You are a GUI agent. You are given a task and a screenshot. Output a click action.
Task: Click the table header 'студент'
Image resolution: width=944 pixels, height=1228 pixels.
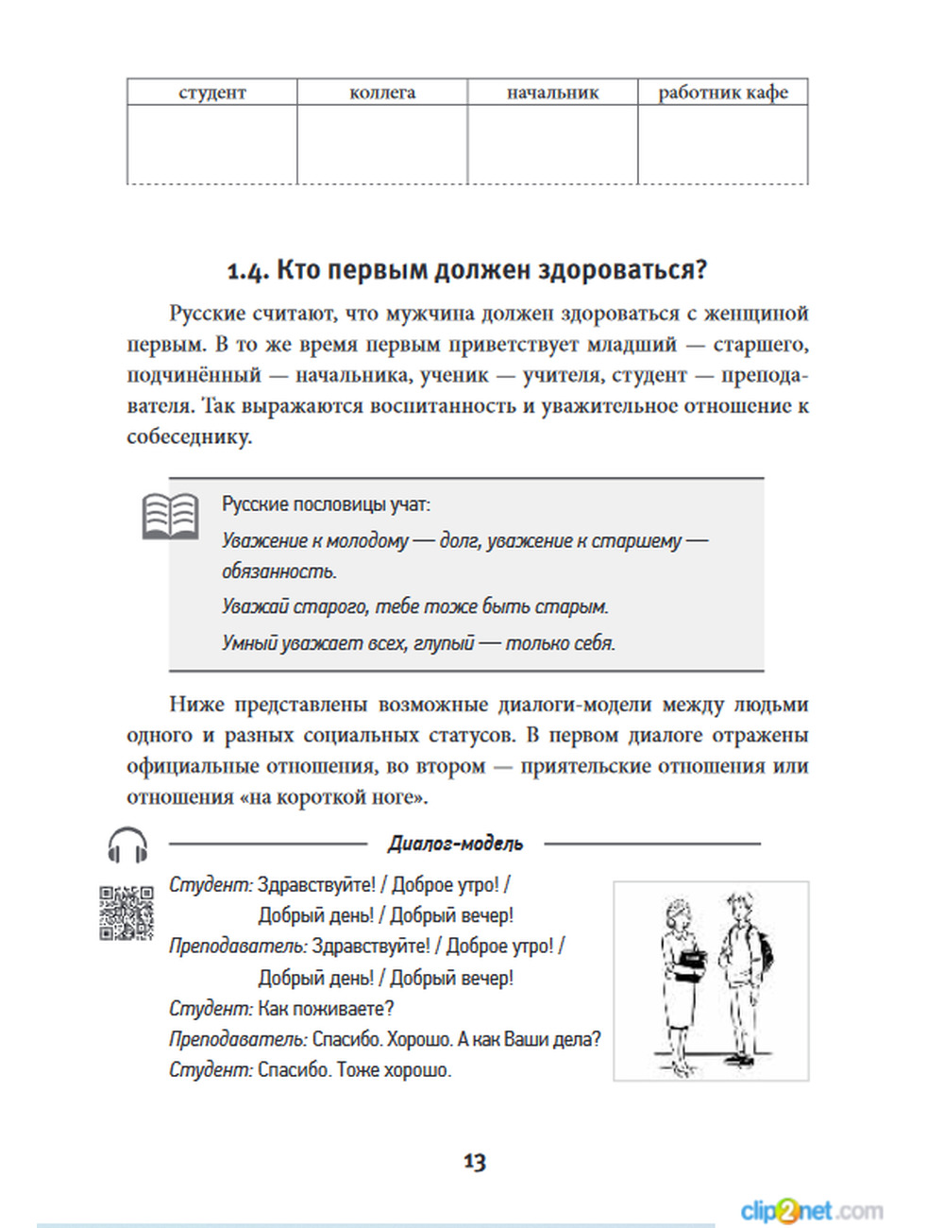(x=211, y=93)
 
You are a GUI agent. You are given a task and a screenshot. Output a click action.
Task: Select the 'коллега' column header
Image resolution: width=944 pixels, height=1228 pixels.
(x=382, y=93)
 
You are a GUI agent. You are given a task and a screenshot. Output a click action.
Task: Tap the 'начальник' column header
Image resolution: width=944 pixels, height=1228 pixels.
(x=553, y=93)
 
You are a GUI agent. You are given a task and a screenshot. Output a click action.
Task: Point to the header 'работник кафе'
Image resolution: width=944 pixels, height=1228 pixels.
(x=723, y=93)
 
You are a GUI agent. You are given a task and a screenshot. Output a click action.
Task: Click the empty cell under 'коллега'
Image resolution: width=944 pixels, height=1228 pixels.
(x=382, y=144)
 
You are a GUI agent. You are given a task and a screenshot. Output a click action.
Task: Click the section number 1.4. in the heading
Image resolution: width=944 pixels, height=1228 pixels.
(x=247, y=271)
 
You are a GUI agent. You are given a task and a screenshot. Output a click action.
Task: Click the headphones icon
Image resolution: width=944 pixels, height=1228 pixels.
(x=127, y=844)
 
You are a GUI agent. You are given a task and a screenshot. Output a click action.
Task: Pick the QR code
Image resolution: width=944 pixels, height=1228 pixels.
(x=126, y=912)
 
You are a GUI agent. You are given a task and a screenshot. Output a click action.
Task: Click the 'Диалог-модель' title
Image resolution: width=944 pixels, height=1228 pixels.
(x=455, y=844)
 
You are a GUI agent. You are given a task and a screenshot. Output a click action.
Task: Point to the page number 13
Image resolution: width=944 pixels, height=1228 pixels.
(x=474, y=1162)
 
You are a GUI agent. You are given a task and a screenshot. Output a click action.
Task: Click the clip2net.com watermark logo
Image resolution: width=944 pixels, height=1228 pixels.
(x=812, y=1210)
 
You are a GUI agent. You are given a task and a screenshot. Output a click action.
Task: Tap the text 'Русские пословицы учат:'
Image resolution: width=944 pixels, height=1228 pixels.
(x=326, y=504)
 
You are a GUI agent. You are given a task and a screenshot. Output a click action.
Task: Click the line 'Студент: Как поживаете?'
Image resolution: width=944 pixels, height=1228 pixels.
(x=281, y=1009)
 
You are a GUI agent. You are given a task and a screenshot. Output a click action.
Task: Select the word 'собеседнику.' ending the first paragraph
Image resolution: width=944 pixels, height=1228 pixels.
(x=189, y=437)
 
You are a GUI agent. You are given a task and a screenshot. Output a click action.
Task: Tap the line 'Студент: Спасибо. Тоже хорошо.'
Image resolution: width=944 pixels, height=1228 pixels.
(x=310, y=1070)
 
